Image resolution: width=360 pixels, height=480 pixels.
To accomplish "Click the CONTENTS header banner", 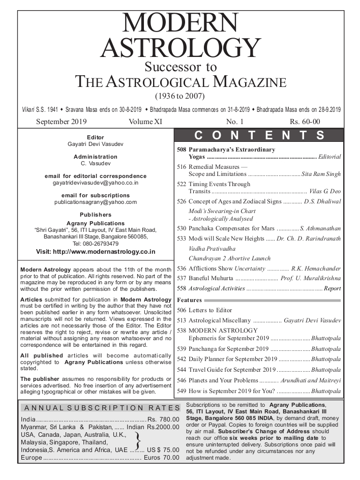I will [259, 135].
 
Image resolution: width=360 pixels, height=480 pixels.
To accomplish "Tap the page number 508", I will [182, 150].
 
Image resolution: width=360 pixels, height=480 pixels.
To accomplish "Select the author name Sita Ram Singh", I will [321, 174].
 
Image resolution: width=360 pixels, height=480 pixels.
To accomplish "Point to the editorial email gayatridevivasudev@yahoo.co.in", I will [96, 182].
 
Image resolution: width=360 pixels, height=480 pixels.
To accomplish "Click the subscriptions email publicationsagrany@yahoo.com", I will [96, 202].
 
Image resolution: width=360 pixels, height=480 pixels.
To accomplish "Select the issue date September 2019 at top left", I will [62, 122].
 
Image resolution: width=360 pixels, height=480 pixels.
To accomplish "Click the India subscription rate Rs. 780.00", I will [164, 419].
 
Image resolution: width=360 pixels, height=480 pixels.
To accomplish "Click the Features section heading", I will [189, 300].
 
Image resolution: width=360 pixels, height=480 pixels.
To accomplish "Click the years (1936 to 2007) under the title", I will [180, 96].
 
